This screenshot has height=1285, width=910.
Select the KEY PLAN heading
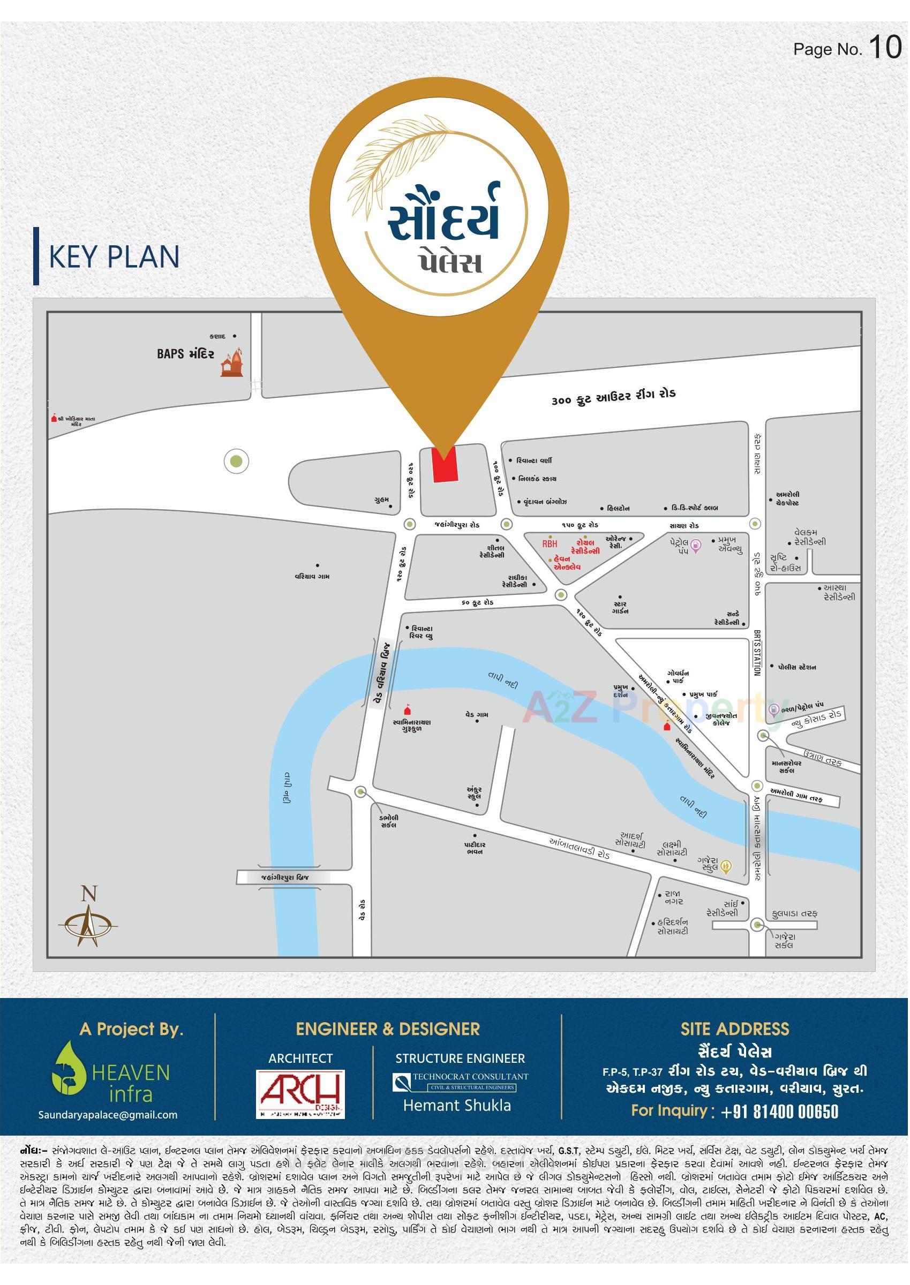(114, 256)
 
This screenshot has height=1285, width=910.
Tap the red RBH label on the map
(550, 543)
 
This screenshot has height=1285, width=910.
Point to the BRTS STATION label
(757, 653)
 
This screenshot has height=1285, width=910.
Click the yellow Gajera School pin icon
(726, 866)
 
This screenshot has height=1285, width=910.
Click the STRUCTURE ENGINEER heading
(460, 1058)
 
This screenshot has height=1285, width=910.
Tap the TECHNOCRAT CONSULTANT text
(470, 1076)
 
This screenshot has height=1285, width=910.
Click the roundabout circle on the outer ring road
(236, 462)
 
